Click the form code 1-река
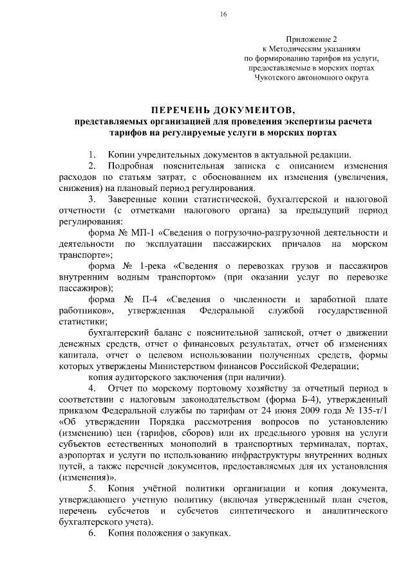[x=154, y=266]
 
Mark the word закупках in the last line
[x=210, y=534]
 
